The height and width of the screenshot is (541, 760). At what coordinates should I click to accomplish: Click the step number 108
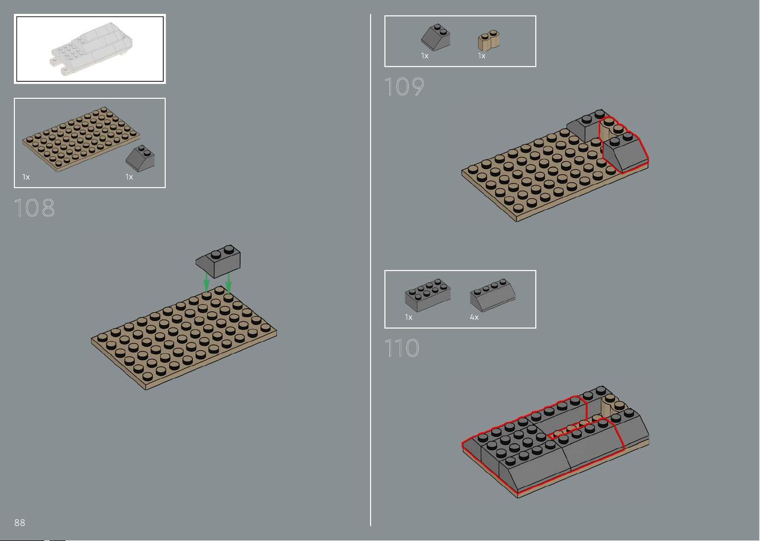[34, 207]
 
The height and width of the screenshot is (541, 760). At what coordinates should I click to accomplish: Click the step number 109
[404, 86]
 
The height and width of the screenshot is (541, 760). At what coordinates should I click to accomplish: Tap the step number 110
[402, 348]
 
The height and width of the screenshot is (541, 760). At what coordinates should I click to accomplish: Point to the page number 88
[20, 522]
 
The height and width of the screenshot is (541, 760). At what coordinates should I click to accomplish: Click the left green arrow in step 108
[206, 282]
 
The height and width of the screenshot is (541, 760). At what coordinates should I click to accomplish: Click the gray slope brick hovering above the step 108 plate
[218, 261]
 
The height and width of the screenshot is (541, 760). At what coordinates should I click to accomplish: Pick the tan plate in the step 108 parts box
[81, 139]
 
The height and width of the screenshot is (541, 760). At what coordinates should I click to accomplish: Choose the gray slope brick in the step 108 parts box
[140, 158]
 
